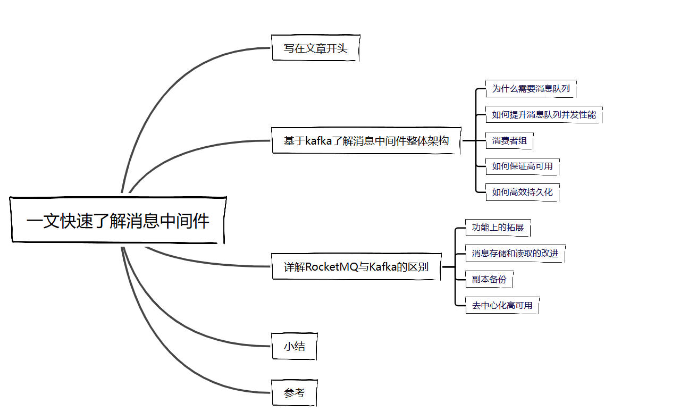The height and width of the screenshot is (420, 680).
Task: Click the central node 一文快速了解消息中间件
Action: click(x=118, y=221)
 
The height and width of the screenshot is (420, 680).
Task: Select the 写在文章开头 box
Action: click(x=315, y=48)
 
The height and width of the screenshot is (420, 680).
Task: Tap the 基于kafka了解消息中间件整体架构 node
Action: click(x=366, y=141)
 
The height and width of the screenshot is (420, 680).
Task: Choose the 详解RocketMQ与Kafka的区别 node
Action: click(x=356, y=267)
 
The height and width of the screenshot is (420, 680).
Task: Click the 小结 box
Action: click(x=295, y=347)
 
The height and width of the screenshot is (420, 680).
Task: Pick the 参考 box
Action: click(x=295, y=393)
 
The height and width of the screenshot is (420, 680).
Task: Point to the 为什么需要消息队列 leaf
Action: click(x=531, y=89)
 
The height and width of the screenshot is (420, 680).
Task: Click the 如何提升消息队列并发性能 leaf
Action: click(x=543, y=115)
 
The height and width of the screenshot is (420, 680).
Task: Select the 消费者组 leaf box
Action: click(x=509, y=141)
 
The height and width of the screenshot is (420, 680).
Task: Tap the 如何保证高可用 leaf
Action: click(x=522, y=166)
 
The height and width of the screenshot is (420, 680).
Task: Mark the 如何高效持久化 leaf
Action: click(x=522, y=192)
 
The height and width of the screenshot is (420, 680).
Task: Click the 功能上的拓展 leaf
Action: click(x=498, y=228)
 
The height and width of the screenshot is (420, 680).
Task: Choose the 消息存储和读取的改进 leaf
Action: click(x=515, y=254)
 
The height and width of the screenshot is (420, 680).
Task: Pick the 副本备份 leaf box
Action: click(x=489, y=280)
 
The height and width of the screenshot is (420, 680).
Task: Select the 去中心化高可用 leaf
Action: click(x=502, y=306)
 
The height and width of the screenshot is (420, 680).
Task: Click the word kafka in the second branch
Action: click(x=318, y=141)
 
